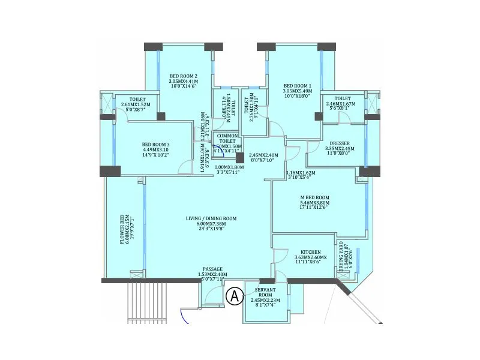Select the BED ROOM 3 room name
156,144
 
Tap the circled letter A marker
234,295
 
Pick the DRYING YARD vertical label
341,257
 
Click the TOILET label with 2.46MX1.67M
343,98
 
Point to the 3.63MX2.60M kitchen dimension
311,258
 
